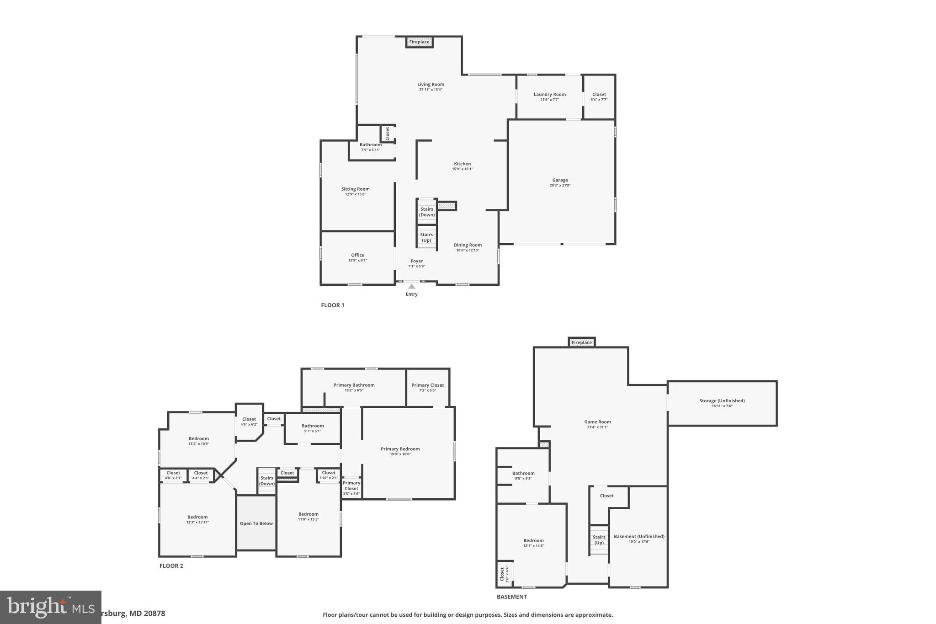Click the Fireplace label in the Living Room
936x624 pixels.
click(x=419, y=42)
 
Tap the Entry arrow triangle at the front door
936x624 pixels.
click(x=411, y=287)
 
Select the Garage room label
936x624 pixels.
click(x=560, y=180)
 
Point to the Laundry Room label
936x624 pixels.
click(x=549, y=95)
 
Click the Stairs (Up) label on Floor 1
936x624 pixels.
click(x=426, y=237)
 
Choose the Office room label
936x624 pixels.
click(x=357, y=255)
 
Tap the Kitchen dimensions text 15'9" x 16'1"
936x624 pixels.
click(x=462, y=169)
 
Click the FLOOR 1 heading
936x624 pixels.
click(x=332, y=305)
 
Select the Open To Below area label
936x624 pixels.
click(x=256, y=523)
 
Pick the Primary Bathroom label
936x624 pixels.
click(x=354, y=385)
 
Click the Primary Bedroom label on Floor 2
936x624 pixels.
click(x=400, y=449)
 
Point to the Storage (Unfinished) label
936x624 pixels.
click(x=722, y=401)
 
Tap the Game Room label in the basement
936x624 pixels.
click(x=597, y=422)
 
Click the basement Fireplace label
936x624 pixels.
click(x=581, y=342)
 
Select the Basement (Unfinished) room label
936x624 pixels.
click(x=638, y=536)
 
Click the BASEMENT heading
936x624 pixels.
click(x=511, y=597)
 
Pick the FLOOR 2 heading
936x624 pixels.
click(x=171, y=566)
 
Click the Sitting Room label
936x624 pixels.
click(x=355, y=189)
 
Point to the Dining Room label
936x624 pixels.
click(x=467, y=245)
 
